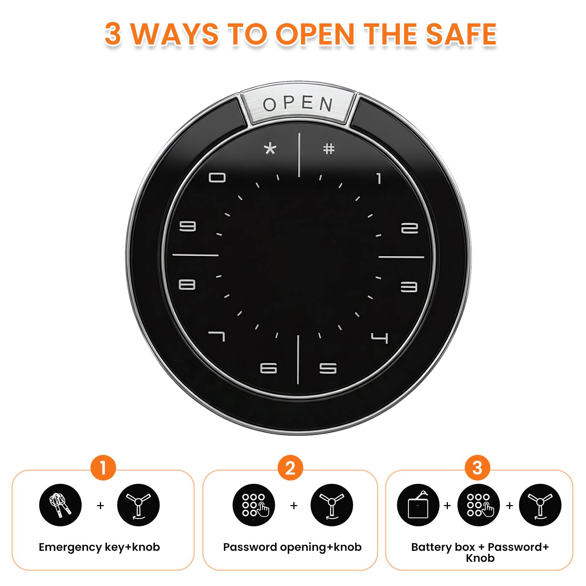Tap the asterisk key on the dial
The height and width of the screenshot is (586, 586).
click(270, 149)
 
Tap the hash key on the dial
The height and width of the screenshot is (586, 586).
click(329, 149)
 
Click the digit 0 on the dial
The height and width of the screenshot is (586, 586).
click(217, 178)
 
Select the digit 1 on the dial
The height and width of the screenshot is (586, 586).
click(379, 178)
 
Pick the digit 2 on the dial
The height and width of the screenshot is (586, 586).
click(409, 228)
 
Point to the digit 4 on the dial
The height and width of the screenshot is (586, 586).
click(379, 338)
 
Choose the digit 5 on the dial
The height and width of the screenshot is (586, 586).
click(328, 368)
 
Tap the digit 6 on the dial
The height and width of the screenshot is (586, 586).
click(268, 368)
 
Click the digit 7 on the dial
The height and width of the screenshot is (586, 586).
click(216, 336)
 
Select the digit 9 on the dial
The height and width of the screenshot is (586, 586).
click(188, 226)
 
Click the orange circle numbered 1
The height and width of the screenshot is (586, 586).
click(103, 468)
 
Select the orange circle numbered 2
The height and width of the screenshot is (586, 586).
click(290, 468)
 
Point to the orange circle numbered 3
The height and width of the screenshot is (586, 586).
click(477, 468)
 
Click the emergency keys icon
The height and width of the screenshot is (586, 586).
click(60, 505)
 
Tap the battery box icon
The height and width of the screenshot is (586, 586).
click(418, 505)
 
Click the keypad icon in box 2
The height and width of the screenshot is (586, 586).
click(254, 505)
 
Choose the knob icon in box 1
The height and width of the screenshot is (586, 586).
click(138, 505)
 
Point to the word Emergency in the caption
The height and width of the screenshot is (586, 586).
click(70, 548)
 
